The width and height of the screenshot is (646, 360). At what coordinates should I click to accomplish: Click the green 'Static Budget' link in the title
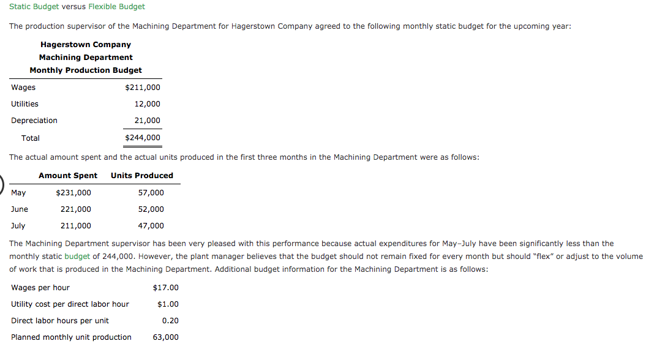[x=34, y=7]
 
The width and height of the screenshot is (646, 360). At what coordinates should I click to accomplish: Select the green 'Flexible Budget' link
[x=116, y=7]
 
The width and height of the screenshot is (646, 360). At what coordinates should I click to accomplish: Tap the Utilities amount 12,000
[x=147, y=104]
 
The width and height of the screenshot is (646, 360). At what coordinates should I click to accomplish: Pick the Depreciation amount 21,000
[x=147, y=121]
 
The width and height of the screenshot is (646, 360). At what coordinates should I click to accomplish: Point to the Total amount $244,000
[x=142, y=138]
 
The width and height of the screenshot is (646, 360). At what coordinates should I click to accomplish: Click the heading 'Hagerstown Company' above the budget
[x=86, y=45]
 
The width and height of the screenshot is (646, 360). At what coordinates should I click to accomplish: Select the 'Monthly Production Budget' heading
[x=86, y=70]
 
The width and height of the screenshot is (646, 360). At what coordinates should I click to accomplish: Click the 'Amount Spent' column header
[x=68, y=176]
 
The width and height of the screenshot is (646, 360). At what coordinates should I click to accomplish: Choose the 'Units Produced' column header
[x=142, y=176]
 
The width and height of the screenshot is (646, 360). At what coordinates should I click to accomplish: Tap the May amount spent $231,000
[x=73, y=193]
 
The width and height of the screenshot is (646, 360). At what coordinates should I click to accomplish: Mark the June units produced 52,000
[x=151, y=209]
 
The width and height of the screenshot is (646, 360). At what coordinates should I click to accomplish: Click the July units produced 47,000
[x=151, y=226]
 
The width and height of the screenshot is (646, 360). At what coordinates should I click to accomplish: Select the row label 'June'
[x=20, y=209]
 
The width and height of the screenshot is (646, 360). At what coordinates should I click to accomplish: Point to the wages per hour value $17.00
[x=165, y=288]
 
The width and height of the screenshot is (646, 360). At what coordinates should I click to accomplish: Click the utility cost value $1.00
[x=168, y=304]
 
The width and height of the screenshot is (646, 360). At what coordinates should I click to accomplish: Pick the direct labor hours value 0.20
[x=170, y=321]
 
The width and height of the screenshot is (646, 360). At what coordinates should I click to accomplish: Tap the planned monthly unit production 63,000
[x=165, y=337]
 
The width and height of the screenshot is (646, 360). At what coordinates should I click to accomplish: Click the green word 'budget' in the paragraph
[x=77, y=257]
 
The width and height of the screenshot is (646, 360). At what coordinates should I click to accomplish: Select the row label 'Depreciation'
[x=34, y=121]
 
